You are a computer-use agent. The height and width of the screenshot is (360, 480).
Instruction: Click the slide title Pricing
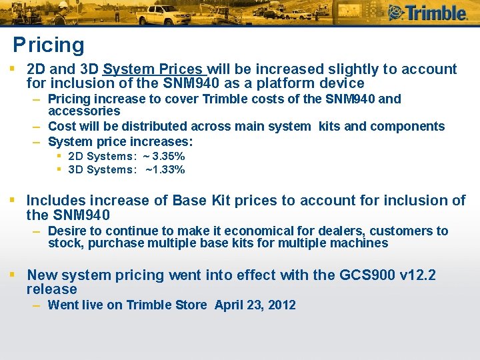coord(49,45)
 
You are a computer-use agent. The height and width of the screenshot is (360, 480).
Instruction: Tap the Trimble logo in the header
coord(427,12)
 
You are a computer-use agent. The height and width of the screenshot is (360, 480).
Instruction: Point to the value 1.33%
coord(169,169)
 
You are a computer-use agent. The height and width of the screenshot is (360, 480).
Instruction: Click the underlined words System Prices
coord(153,69)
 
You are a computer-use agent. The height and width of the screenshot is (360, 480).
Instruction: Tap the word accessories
coord(84,111)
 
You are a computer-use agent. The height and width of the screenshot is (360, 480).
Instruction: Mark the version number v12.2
coord(415,275)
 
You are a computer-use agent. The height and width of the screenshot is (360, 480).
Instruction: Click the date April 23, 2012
coord(255,305)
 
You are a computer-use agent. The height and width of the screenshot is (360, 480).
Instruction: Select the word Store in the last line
coord(191,305)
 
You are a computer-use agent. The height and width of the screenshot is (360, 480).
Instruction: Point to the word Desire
coord(66,231)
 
